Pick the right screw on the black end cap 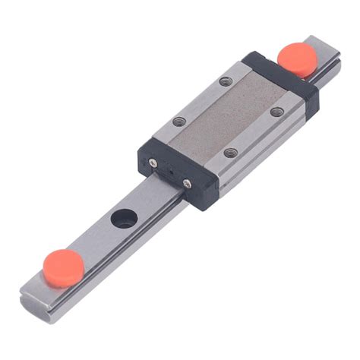(x=188, y=183)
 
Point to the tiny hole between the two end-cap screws (x=170, y=172)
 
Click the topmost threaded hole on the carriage (x=224, y=81)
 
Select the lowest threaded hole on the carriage (x=231, y=153)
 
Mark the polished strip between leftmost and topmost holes (x=199, y=99)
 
